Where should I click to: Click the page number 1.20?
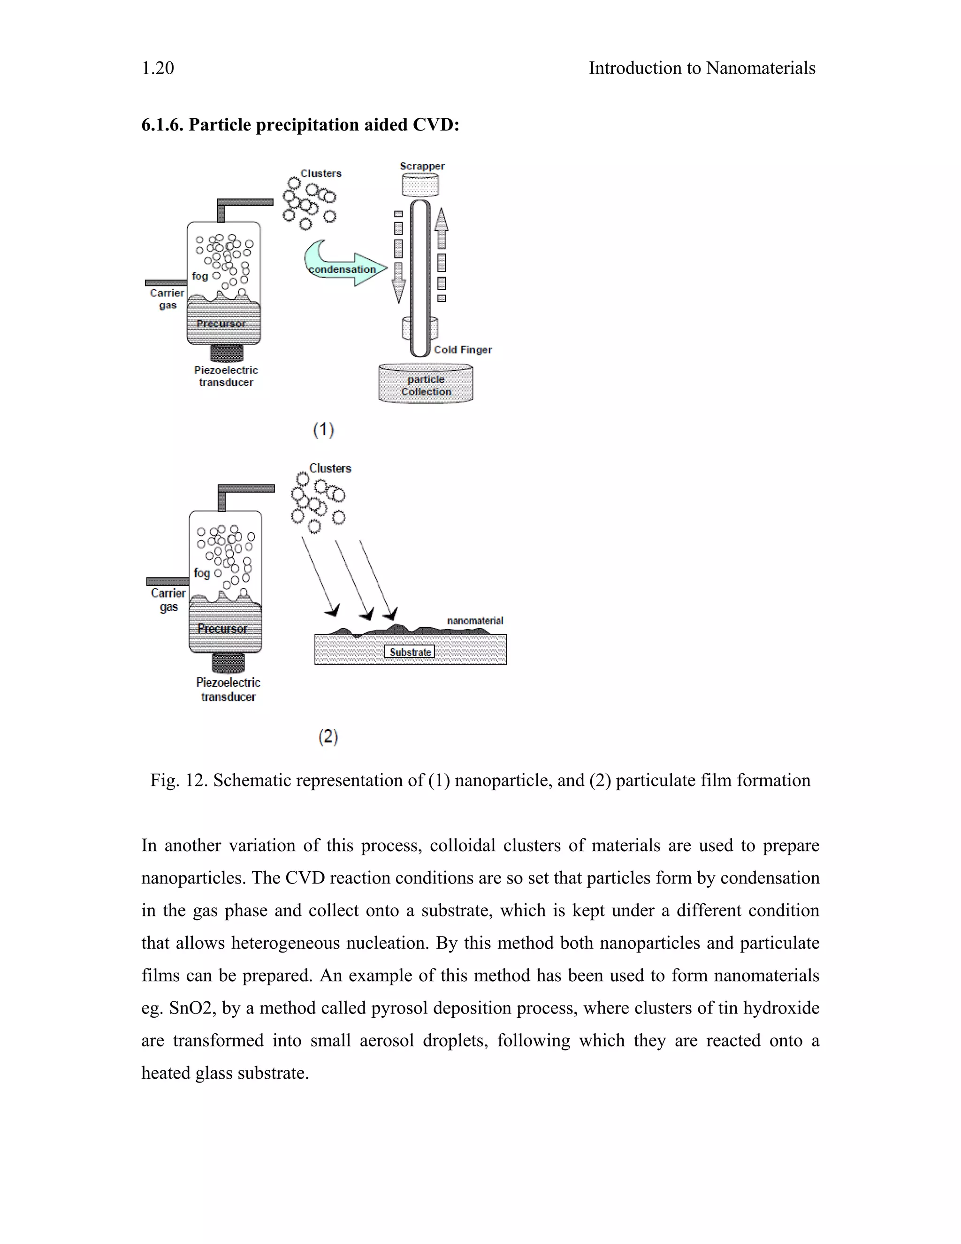click(158, 69)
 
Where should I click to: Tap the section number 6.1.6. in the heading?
click(162, 125)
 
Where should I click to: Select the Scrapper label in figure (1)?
click(422, 166)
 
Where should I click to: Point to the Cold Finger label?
click(462, 350)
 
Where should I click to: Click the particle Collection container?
click(426, 385)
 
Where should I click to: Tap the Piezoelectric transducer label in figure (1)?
click(226, 376)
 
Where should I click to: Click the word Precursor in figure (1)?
click(221, 323)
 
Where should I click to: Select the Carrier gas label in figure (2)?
click(168, 600)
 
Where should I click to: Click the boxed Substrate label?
click(410, 652)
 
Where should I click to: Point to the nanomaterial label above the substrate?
click(475, 621)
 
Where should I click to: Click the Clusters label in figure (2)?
click(330, 468)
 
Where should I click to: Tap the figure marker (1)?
click(323, 430)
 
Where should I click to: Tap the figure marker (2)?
click(328, 737)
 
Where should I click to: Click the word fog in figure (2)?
click(201, 573)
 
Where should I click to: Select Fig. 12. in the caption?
click(179, 780)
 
